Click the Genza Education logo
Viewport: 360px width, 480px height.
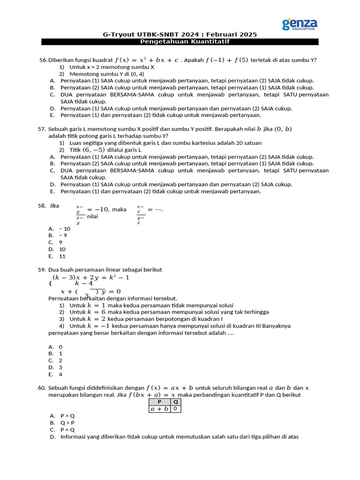(x=300, y=24)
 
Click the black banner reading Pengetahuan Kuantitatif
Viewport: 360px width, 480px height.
(x=180, y=42)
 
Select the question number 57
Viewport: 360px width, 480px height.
(x=41, y=129)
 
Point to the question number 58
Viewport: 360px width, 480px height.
(x=41, y=205)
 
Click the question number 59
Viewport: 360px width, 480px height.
(x=41, y=270)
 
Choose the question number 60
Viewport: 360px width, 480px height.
(x=41, y=388)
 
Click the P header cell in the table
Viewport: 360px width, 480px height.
(x=159, y=402)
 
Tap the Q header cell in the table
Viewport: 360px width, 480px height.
(x=175, y=402)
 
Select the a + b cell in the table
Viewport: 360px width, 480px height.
(x=159, y=409)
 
